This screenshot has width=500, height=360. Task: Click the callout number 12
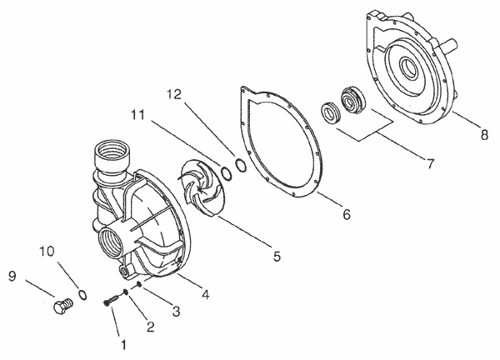pos(174,95)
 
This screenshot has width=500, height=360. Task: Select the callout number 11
pos(137,115)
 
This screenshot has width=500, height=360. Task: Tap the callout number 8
pos(484,135)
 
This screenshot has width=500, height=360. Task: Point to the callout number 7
pos(431,164)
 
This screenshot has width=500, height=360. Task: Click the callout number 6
pos(347,214)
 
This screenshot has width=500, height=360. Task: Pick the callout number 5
pos(277,256)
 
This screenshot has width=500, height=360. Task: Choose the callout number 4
pos(206,294)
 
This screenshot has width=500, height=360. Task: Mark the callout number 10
pos(47,252)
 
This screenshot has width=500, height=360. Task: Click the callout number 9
pos(12,276)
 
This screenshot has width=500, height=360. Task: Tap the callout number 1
pos(123,344)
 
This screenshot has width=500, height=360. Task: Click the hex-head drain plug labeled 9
pos(62,306)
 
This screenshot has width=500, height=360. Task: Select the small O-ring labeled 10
pos(82,295)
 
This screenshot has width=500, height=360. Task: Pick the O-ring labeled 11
pos(226,173)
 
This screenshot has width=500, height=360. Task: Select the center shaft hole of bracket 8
pos(407,68)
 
